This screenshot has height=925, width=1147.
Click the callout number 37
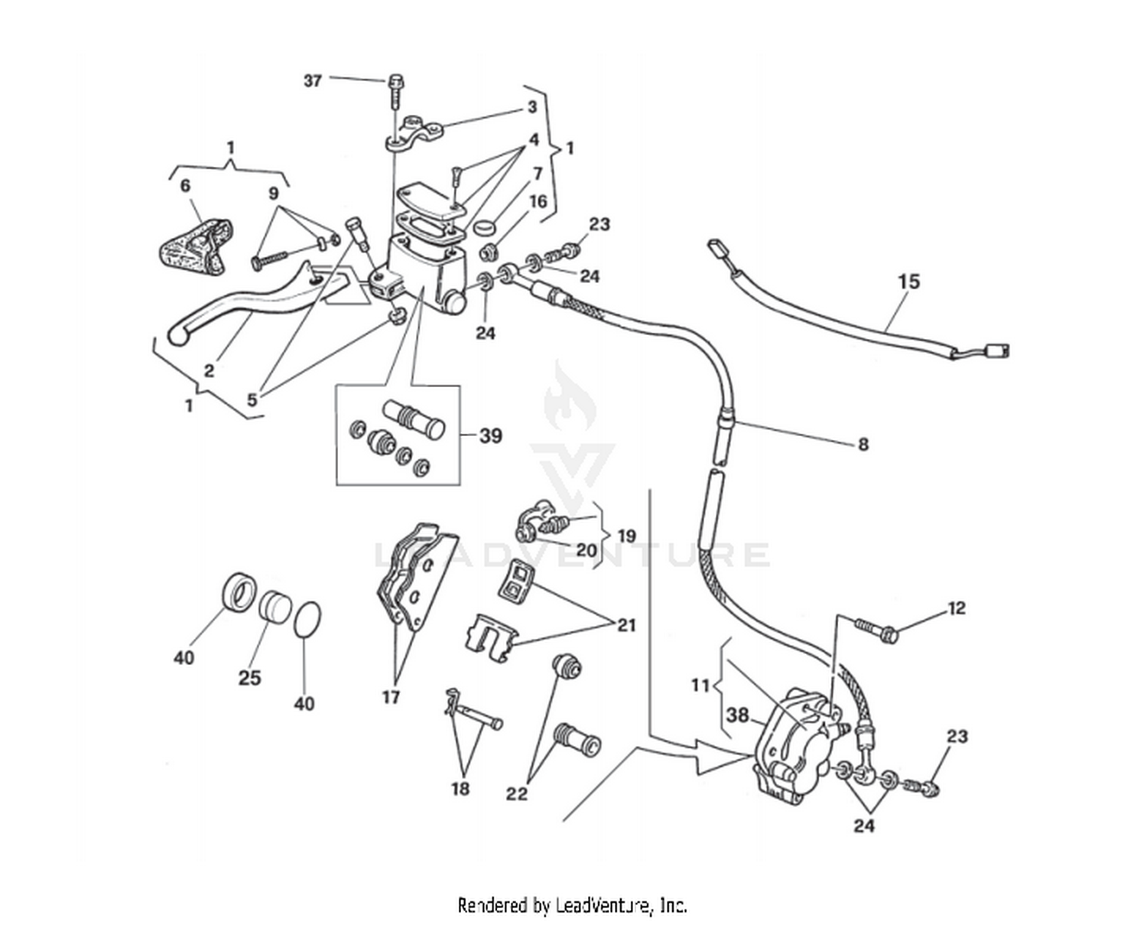[x=312, y=80]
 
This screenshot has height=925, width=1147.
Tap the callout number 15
[x=908, y=282]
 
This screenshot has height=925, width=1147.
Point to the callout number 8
[x=863, y=444]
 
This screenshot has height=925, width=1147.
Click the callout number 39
[x=490, y=435]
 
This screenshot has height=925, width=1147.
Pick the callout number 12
[x=956, y=608]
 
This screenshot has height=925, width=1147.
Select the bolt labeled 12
[x=876, y=629]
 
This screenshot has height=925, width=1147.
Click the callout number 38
[x=737, y=715]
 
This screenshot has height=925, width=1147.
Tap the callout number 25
[x=249, y=678]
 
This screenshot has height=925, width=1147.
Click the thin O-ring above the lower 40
[x=307, y=618]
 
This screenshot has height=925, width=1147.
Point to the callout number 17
[x=391, y=697]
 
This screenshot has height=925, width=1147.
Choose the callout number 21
[x=626, y=626]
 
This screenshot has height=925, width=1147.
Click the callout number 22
[x=517, y=794]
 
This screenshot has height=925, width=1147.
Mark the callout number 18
[x=460, y=788]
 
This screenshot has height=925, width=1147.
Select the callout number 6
[x=184, y=186]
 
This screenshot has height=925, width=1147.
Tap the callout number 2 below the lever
[x=209, y=371]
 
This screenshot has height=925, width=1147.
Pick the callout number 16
[x=538, y=201]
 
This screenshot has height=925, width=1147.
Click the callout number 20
[x=586, y=549]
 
